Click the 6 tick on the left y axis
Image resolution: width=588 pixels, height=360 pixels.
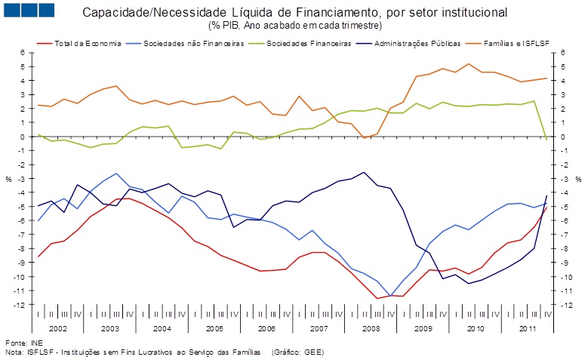click(x=23, y=53)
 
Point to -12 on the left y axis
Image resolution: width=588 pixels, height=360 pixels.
click(x=20, y=305)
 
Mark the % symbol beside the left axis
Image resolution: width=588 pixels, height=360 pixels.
click(x=9, y=179)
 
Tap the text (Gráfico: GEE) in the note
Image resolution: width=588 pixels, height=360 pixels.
click(x=306, y=352)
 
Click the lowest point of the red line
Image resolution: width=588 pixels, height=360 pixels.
click(x=377, y=298)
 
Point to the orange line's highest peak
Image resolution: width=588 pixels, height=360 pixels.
click(x=469, y=64)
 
